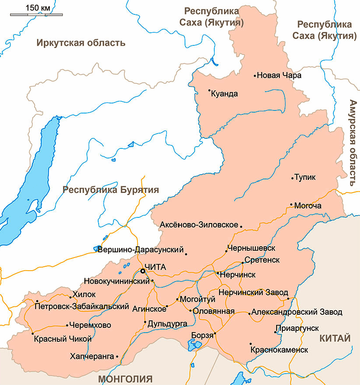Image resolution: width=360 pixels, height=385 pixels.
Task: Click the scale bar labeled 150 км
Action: (36, 14)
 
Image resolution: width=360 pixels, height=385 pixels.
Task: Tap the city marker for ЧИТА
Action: (143, 271)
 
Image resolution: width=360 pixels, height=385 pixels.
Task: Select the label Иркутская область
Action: (81, 43)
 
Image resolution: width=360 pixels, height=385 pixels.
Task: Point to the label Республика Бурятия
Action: (110, 190)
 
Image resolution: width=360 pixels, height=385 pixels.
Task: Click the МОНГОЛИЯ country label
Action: (125, 378)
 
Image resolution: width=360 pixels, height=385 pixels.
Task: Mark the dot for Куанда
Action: (209, 91)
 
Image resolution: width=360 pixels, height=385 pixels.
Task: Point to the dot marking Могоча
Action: (291, 204)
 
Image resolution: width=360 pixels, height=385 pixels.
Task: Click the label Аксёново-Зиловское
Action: (199, 225)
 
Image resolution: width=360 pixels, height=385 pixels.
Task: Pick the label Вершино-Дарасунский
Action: (140, 250)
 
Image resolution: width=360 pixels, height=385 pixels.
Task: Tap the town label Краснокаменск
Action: (279, 350)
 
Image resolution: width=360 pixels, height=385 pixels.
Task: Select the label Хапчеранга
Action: (92, 357)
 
